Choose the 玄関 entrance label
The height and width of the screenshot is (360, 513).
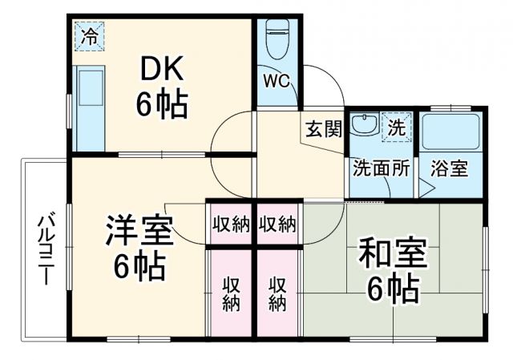click(322, 127)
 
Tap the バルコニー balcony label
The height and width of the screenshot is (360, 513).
click(46, 249)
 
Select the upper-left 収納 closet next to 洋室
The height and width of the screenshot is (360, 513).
click(231, 224)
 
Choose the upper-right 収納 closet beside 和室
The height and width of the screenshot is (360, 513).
click(278, 224)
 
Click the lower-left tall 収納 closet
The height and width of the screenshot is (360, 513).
click(231, 292)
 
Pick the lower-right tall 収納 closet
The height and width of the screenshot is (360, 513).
click(278, 292)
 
